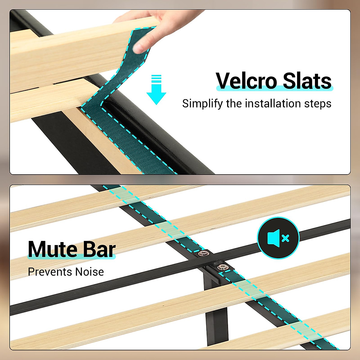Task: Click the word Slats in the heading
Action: click(x=307, y=81)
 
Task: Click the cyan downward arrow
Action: click(x=156, y=90)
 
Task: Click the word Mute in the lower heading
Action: click(x=52, y=249)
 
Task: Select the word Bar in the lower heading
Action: click(x=99, y=249)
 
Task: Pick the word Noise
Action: click(x=89, y=272)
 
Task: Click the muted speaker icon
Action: click(x=278, y=238)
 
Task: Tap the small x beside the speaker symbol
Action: click(x=286, y=238)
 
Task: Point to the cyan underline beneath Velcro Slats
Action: click(x=274, y=88)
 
